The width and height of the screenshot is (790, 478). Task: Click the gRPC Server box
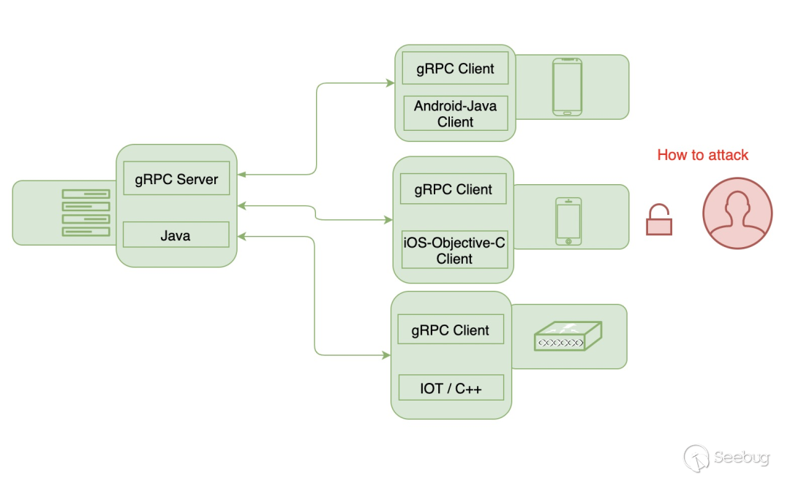coord(176,179)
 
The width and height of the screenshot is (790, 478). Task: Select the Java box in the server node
coord(176,235)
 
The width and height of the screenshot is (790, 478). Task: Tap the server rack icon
coord(86,213)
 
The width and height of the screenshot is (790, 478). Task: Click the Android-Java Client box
coord(456,113)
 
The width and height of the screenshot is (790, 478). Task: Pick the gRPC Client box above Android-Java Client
coord(455,69)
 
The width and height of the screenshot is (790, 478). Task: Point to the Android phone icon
coord(567,87)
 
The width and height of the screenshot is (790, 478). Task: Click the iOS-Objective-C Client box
coord(454,249)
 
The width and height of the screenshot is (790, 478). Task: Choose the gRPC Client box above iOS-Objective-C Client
coord(454,189)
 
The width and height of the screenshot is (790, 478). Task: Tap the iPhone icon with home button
coord(568,221)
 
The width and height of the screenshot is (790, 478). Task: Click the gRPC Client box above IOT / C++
coord(451,330)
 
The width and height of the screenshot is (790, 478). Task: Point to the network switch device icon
coord(568,337)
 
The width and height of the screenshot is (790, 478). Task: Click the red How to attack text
coord(703,155)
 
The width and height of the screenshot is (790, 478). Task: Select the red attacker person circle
coord(737,213)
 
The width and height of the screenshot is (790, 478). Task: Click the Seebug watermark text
coord(741,458)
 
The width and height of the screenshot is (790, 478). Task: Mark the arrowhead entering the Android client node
coord(391,83)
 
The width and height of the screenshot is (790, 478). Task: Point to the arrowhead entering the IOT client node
coord(386,355)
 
